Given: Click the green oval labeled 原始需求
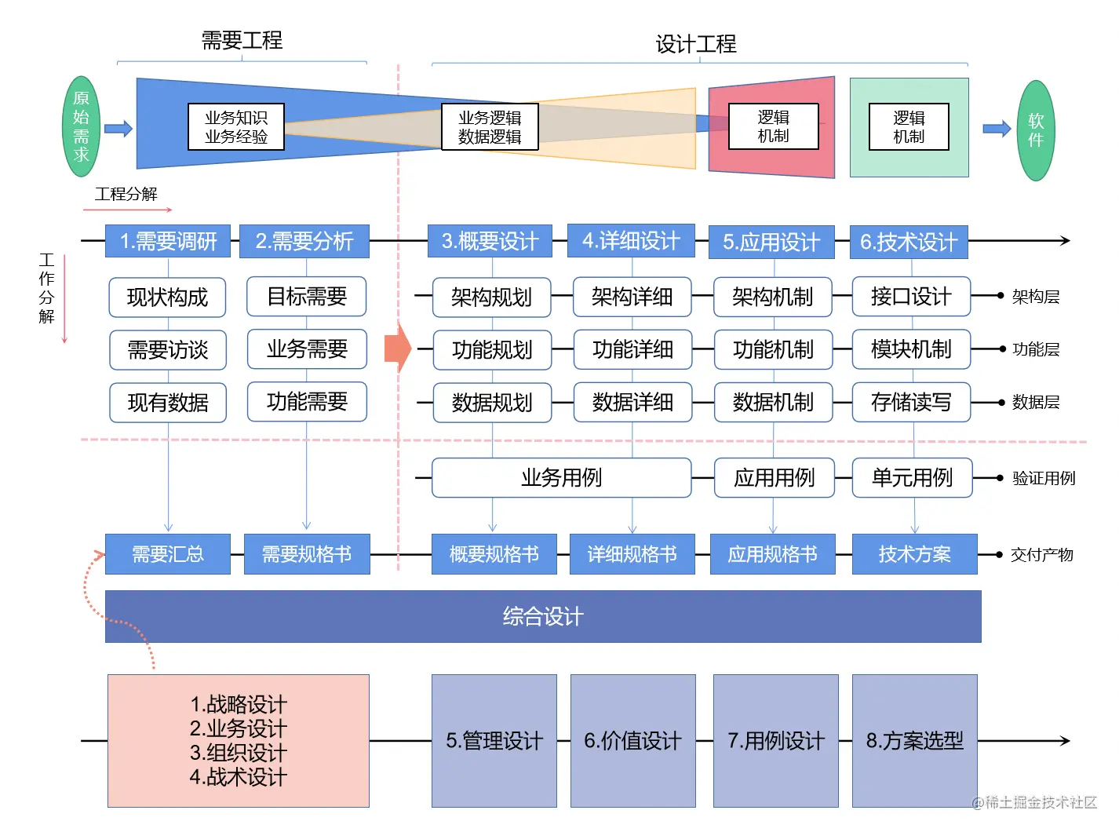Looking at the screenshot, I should click(82, 126).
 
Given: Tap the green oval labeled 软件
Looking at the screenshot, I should click(1036, 130).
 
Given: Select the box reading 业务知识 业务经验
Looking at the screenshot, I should click(236, 127).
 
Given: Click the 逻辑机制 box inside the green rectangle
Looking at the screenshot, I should click(909, 127).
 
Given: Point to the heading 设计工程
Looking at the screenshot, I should click(696, 44).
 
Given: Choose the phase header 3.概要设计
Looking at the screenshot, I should click(490, 241).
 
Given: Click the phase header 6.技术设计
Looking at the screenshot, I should click(909, 242).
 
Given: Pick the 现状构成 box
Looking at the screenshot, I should click(167, 297).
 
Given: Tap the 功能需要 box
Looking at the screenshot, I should click(307, 402).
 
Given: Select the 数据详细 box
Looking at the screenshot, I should click(632, 403).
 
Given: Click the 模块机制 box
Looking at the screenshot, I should click(911, 349).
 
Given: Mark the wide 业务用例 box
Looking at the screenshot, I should click(561, 478).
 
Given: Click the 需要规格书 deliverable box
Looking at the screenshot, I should click(307, 554).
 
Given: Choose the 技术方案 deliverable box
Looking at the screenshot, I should click(914, 554).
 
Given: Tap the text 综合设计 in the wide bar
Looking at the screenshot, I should click(543, 617).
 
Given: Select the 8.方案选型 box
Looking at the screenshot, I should click(914, 741).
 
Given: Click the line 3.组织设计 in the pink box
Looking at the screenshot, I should click(239, 753).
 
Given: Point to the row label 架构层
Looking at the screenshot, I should click(1036, 297).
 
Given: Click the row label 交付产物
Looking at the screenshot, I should click(1041, 555).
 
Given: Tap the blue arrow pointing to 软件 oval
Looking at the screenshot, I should click(997, 129).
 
